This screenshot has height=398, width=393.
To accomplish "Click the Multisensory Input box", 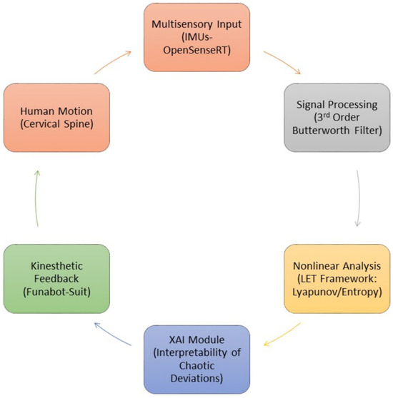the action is (196, 37).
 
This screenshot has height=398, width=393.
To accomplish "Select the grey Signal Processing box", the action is (337, 118).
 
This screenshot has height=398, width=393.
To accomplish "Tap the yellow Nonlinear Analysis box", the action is (337, 279).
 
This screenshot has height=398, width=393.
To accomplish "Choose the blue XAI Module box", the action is (196, 359).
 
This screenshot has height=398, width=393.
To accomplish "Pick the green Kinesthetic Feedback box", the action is (56, 279).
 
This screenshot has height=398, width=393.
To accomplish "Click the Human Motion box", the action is (56, 118).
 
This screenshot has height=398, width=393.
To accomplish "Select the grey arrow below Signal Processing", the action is (359, 198).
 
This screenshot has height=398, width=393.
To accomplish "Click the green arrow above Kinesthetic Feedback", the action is (36, 198).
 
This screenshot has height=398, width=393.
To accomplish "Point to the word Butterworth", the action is (321, 131).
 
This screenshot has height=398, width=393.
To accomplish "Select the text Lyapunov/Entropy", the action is (336, 292).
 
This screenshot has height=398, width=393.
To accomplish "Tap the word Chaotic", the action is (196, 366).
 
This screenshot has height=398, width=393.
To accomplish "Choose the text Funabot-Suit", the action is (56, 292).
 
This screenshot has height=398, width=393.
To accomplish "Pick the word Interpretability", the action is (191, 353).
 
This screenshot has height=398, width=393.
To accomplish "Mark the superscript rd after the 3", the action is (327, 115).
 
